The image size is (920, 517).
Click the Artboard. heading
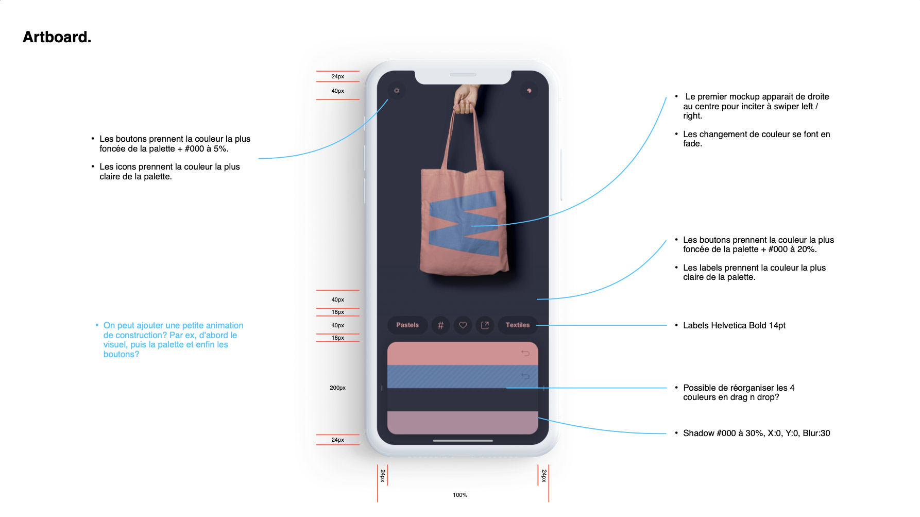click(57, 37)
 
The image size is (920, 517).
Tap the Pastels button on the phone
click(407, 325)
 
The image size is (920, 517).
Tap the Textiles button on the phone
click(518, 325)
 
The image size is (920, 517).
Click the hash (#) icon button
click(440, 325)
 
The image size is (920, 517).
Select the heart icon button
click(463, 325)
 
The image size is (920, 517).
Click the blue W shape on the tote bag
click(464, 224)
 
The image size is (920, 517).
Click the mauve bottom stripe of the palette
click(462, 423)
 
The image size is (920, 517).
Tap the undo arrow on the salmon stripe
click(525, 353)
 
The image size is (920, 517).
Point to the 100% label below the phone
click(460, 495)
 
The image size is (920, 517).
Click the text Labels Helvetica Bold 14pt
click(734, 326)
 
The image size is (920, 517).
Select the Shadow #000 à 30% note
click(756, 433)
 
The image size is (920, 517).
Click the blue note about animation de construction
click(173, 340)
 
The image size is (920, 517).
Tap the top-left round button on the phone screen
click(397, 91)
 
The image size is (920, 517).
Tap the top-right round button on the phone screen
click(529, 91)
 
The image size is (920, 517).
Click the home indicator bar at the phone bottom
click(463, 441)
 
